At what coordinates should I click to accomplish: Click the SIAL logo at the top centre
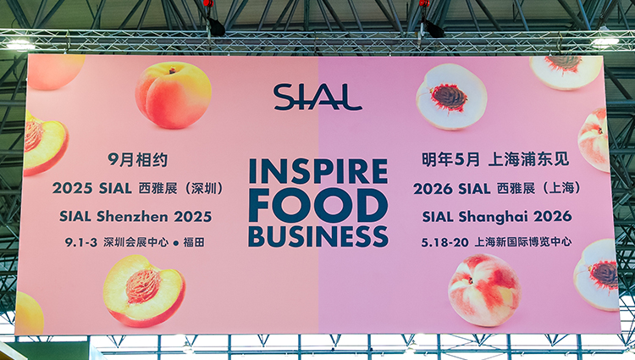(x=317, y=97)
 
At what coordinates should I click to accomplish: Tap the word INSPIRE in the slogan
(x=318, y=171)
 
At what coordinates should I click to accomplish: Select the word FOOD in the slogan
(x=318, y=205)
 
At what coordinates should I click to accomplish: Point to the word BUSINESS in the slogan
(x=318, y=236)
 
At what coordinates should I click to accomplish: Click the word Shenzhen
(x=131, y=216)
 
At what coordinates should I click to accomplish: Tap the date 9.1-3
(x=81, y=242)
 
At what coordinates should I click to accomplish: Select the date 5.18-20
(x=444, y=242)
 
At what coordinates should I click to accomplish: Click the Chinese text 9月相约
(x=138, y=160)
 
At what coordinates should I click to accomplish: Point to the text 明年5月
(x=450, y=159)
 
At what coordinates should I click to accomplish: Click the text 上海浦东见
(x=528, y=159)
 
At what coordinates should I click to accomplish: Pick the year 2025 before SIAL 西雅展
(x=72, y=188)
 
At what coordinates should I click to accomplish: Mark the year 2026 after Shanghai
(x=552, y=217)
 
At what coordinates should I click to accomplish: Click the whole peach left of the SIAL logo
(x=174, y=95)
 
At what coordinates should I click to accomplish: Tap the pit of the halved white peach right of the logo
(x=449, y=97)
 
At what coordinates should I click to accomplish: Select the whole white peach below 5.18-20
(x=484, y=290)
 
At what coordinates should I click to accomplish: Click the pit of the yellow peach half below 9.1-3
(x=142, y=286)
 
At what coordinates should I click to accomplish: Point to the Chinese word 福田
(x=194, y=242)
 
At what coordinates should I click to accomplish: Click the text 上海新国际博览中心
(x=523, y=242)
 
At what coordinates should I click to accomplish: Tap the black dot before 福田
(x=176, y=243)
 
